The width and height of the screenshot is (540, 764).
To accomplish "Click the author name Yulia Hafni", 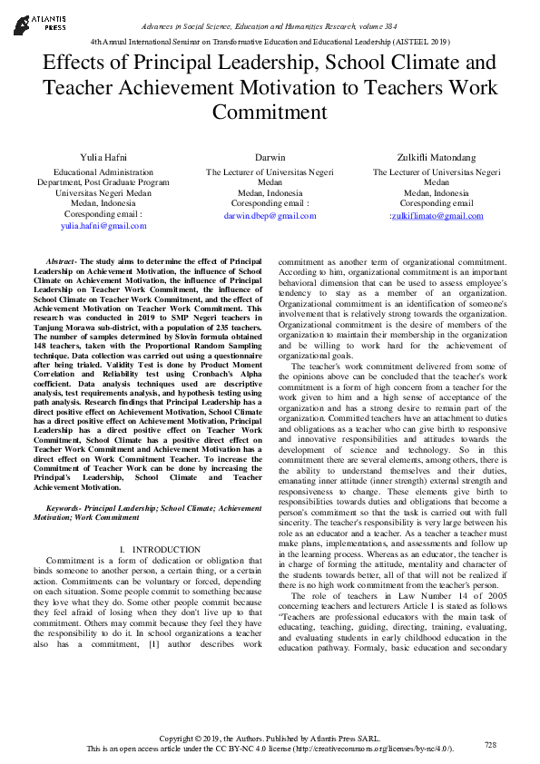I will (103, 157).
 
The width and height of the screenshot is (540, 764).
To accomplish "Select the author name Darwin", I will (270, 157).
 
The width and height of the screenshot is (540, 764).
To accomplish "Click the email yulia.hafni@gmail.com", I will (103, 225).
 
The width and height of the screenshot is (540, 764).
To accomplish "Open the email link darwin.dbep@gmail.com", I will (270, 216).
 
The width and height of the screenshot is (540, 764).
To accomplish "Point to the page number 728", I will (491, 744).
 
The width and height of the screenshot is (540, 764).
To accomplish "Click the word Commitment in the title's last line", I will (270, 112).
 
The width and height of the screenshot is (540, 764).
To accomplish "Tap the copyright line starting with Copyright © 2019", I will (270, 738).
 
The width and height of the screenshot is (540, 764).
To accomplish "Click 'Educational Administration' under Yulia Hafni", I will (103, 171).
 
